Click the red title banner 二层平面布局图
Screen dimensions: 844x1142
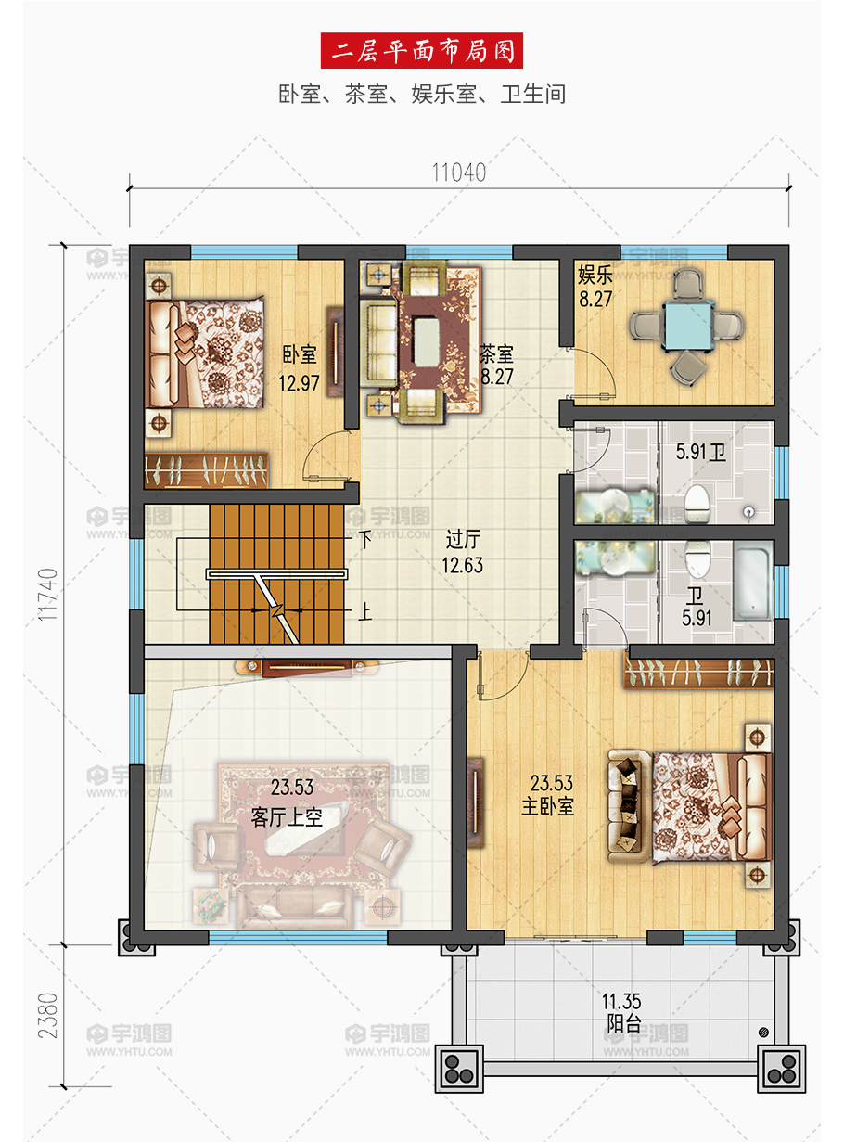click(421, 50)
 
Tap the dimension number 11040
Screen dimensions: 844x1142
click(458, 173)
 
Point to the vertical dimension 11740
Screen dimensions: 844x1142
click(47, 594)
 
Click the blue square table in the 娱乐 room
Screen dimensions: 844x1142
click(686, 326)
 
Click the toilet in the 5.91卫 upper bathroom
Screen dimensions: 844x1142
click(697, 503)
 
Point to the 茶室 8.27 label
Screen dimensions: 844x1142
click(497, 365)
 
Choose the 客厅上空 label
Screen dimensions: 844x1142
click(287, 817)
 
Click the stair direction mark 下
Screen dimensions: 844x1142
click(365, 540)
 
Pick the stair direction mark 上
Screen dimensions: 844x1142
click(365, 612)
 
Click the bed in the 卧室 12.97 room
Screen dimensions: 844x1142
click(205, 353)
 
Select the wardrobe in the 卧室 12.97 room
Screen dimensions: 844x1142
click(207, 470)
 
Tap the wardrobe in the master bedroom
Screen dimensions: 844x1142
click(698, 674)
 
